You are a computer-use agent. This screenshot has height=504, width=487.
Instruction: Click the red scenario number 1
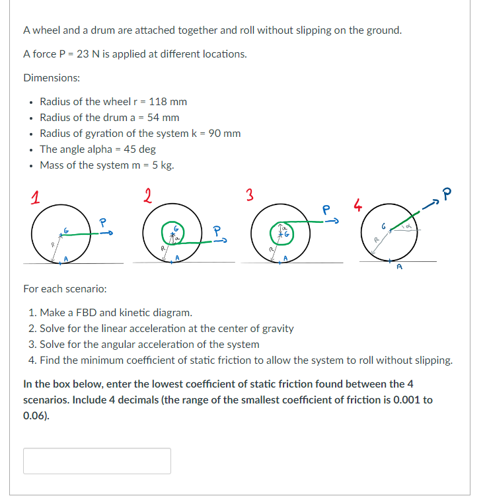30,196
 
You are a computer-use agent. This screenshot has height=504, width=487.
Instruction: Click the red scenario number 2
147,196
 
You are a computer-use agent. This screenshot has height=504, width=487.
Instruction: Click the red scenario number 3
249,196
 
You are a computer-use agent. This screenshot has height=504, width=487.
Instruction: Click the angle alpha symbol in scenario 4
408,226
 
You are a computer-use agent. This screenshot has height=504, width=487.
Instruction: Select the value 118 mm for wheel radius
168,101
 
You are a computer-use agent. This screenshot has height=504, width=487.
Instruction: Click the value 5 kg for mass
163,165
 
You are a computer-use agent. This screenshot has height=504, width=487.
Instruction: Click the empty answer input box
97,460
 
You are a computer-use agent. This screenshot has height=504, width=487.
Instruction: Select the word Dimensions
52,77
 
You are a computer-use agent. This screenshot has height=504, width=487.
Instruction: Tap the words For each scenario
65,289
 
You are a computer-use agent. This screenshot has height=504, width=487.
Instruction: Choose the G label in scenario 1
66,229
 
